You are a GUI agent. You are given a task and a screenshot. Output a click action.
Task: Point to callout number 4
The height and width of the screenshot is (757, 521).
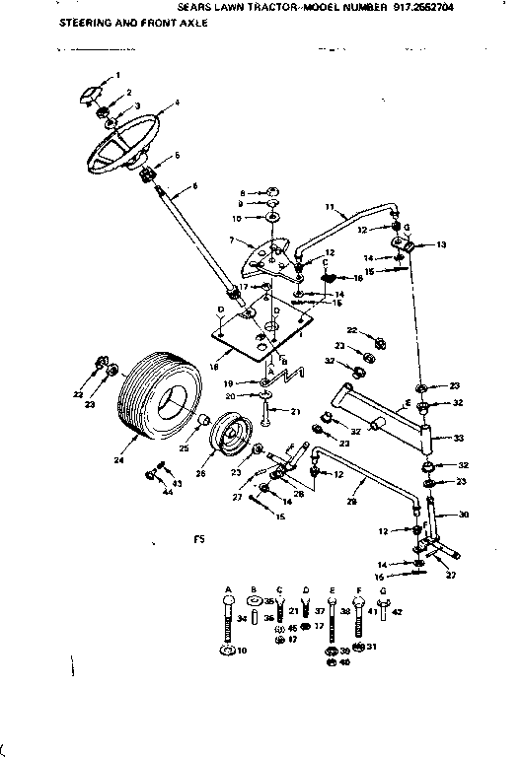coord(177,103)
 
